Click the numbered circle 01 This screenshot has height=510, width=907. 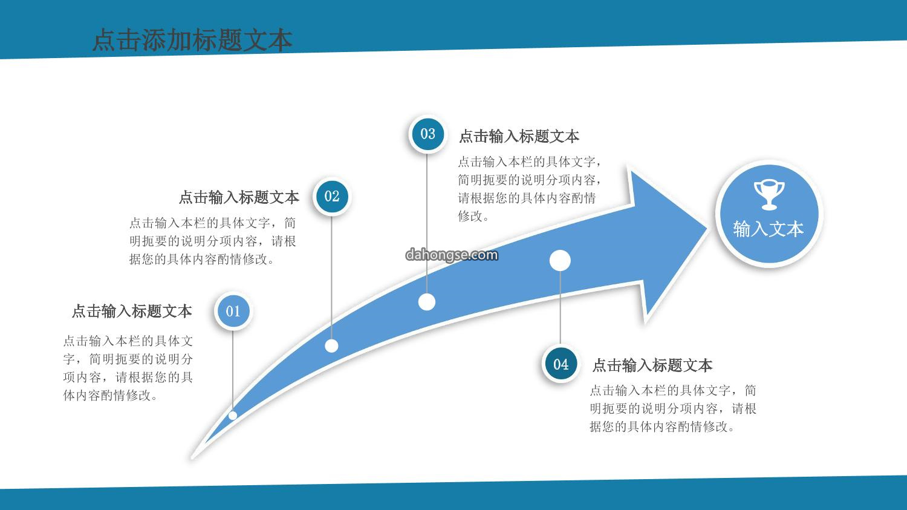pyautogui.click(x=233, y=311)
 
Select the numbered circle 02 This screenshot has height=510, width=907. pyautogui.click(x=331, y=197)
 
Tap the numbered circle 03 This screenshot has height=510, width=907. pyautogui.click(x=427, y=134)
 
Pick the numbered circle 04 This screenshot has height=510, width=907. pyautogui.click(x=561, y=365)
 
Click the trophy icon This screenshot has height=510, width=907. pyautogui.click(x=769, y=195)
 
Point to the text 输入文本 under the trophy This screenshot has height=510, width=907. pyautogui.click(x=768, y=229)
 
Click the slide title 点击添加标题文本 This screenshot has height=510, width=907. pyautogui.click(x=192, y=40)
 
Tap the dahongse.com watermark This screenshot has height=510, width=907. pyautogui.click(x=452, y=255)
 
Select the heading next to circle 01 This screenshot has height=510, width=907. pyautogui.click(x=132, y=311)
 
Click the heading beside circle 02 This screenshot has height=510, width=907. pyautogui.click(x=239, y=197)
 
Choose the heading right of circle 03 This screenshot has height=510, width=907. pyautogui.click(x=519, y=137)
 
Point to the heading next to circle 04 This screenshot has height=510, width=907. pyautogui.click(x=652, y=365)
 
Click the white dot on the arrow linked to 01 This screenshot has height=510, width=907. pyautogui.click(x=233, y=415)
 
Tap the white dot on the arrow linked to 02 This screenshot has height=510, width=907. pyautogui.click(x=331, y=346)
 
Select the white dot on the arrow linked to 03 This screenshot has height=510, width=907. pyautogui.click(x=427, y=302)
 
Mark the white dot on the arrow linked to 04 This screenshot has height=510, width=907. pyautogui.click(x=560, y=261)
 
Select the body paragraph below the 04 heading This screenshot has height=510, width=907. pyautogui.click(x=673, y=408)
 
